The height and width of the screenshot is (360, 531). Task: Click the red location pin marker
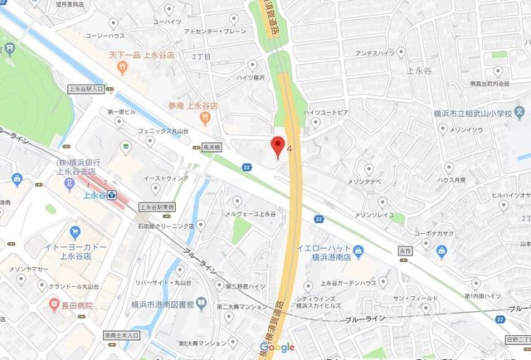(279, 146)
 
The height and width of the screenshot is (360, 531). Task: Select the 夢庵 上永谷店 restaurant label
(192, 106)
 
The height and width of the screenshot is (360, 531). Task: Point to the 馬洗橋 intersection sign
(214, 147)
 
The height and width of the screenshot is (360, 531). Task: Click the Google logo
(277, 348)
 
